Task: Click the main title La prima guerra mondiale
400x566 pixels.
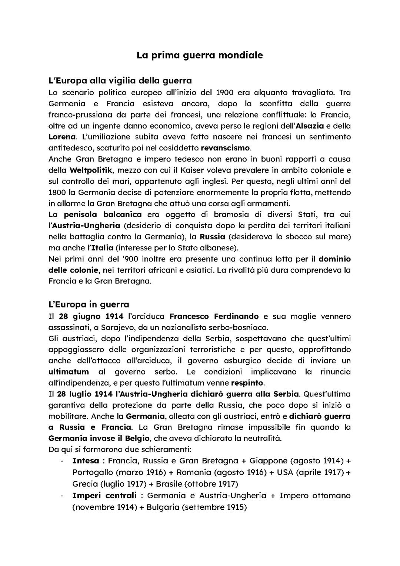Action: [x=200, y=55]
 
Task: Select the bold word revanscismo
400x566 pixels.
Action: [x=226, y=148]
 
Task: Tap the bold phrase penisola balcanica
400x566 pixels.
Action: [x=103, y=214]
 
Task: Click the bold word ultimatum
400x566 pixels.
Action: [x=69, y=372]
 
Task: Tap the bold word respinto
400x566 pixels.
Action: [x=247, y=383]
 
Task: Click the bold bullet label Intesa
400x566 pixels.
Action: [x=86, y=461]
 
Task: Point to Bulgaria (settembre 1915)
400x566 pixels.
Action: [x=197, y=507]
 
